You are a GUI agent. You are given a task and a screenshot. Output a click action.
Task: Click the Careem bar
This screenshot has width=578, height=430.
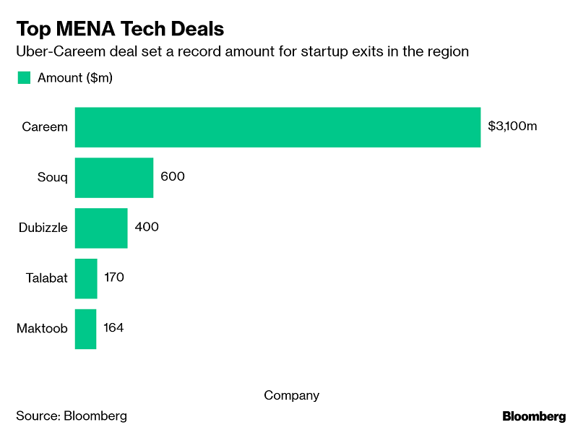tap(277, 127)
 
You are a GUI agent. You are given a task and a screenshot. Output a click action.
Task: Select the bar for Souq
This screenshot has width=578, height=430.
tap(114, 178)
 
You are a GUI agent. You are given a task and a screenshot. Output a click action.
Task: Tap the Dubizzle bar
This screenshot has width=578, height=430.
tap(101, 228)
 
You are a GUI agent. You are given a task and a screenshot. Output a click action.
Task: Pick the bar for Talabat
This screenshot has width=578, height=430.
tap(86, 278)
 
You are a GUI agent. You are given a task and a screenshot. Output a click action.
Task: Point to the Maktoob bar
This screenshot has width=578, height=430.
tap(85, 329)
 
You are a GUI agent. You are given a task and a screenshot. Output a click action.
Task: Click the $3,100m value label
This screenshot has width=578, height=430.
tap(512, 126)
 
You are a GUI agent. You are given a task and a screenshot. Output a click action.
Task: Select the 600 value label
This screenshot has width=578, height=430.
tap(173, 177)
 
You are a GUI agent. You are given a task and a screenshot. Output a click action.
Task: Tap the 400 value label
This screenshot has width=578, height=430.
tap(147, 227)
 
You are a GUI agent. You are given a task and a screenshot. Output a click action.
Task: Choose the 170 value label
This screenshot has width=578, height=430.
tap(114, 278)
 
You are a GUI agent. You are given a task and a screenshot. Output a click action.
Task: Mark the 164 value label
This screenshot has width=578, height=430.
tap(113, 328)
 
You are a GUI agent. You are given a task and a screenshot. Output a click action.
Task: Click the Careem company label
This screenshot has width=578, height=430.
tap(45, 127)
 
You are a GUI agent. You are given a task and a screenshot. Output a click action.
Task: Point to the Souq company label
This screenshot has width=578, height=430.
tap(52, 178)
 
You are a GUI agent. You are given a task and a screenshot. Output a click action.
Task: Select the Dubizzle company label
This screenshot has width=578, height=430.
tap(43, 228)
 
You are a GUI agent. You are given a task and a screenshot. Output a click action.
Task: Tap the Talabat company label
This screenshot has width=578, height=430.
tap(46, 278)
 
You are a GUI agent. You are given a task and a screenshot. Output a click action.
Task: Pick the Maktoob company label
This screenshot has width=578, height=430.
tap(42, 329)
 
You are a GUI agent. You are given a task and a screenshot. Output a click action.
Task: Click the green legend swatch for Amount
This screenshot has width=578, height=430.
tap(24, 77)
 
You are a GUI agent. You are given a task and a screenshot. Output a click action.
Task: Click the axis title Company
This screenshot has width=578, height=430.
tap(291, 395)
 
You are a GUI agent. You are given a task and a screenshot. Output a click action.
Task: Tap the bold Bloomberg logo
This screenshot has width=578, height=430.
tap(534, 416)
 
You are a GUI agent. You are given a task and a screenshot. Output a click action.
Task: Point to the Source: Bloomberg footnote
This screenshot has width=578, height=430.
tap(72, 416)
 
